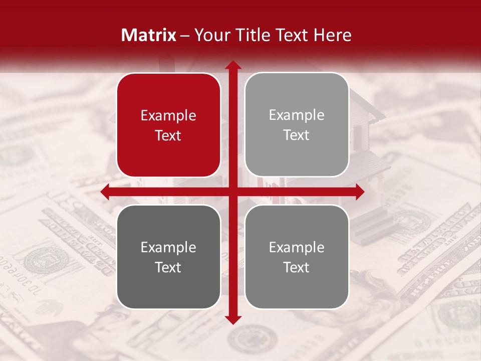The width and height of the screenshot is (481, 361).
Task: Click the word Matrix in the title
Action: [x=149, y=35]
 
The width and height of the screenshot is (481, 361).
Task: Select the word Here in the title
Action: [x=333, y=35]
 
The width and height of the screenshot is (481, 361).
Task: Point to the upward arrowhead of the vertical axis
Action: [x=232, y=66]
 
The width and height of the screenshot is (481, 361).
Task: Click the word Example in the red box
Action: [x=168, y=116]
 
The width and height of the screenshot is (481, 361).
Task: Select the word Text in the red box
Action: [x=168, y=136]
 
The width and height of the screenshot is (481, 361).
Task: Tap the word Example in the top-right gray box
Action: [x=297, y=115]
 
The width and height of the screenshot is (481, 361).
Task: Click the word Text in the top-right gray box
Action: [x=297, y=135]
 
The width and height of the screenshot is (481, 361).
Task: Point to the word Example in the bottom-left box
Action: [x=168, y=248]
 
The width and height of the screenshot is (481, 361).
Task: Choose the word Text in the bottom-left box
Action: [x=168, y=268]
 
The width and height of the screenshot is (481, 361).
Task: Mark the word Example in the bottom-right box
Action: [x=297, y=248]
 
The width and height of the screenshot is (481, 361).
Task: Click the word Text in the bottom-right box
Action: [x=297, y=268]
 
